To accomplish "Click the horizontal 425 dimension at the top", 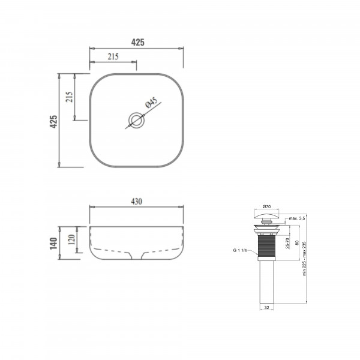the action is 138,42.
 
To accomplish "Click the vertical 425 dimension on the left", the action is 53,121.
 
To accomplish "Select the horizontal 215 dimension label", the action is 113,56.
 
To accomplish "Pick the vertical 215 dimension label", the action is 69,97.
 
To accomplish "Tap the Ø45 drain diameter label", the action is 152,102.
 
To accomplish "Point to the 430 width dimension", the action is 136,202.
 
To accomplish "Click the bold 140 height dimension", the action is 53,244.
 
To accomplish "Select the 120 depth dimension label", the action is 71,239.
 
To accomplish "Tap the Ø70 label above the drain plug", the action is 266,206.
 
